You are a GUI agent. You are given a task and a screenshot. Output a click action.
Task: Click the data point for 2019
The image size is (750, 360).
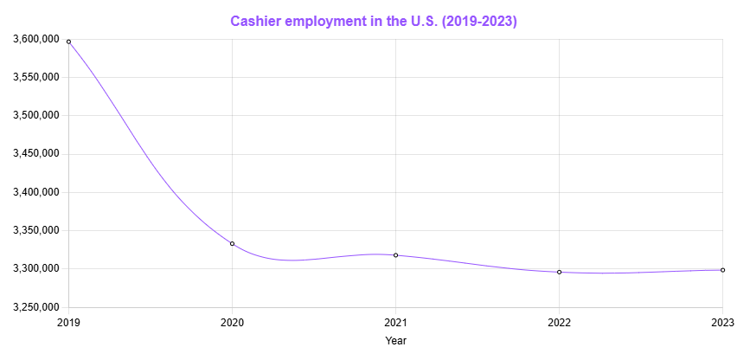(68, 42)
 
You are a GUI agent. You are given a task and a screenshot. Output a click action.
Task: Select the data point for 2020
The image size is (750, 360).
(232, 244)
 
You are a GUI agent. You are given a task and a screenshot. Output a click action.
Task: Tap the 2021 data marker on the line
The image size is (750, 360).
(395, 255)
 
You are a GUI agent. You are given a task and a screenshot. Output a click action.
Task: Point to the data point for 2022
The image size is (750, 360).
(559, 272)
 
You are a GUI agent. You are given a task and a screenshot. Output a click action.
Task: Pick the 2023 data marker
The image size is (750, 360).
(722, 270)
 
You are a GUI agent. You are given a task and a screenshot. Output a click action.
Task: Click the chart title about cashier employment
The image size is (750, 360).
(374, 22)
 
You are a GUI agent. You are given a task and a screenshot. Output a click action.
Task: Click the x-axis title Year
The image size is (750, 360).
(395, 341)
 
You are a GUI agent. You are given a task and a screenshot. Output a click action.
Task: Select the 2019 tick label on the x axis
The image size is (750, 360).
(68, 322)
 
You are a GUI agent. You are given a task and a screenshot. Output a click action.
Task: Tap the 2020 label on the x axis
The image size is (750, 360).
(232, 322)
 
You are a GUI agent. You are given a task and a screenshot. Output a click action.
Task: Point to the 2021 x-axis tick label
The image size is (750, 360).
(395, 322)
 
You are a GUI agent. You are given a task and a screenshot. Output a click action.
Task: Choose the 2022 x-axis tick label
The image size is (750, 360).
(559, 322)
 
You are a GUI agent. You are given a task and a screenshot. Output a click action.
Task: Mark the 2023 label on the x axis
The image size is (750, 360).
(722, 322)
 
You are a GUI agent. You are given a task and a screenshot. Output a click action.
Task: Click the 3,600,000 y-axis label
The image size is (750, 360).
(35, 39)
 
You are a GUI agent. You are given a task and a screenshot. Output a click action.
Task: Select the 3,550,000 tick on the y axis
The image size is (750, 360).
(35, 77)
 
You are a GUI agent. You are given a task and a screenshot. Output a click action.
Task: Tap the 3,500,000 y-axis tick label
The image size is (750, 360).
(35, 115)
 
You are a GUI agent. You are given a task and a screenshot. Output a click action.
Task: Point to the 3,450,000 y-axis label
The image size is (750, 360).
(35, 154)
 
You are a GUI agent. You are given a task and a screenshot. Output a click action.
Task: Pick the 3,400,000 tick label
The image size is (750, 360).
(35, 192)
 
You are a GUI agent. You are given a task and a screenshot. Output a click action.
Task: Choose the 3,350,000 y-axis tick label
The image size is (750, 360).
(35, 230)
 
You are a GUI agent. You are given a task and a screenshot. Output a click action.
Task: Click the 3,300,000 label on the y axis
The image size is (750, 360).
(35, 268)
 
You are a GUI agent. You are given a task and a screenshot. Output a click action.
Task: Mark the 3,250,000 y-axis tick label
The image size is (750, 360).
(35, 307)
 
